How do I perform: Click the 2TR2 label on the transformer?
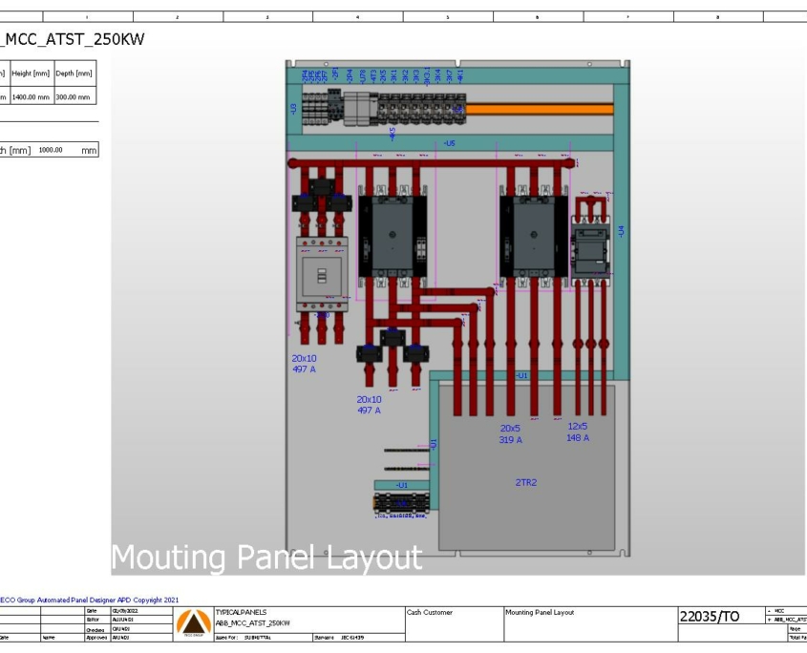coord(526,483)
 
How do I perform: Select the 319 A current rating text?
coord(511,440)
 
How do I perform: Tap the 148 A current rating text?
coord(579,437)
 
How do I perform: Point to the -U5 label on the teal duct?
coord(450,143)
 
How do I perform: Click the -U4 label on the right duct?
coord(621,231)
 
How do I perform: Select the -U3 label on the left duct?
coord(293,109)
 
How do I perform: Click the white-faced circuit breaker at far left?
coord(321,274)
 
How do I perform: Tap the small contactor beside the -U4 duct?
coord(590,245)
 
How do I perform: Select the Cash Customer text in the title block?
coord(434,611)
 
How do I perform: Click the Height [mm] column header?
coord(38,75)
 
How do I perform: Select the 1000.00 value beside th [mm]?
coord(50,150)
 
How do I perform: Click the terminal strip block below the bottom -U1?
coord(401,503)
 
